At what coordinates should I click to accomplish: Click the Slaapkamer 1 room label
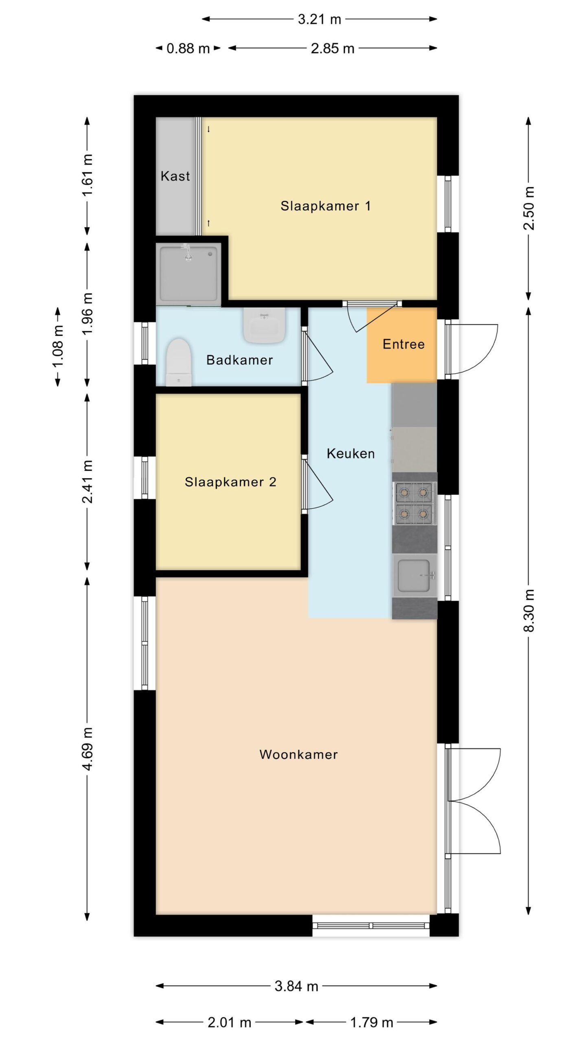tap(326, 206)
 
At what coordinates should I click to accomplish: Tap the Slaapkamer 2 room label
tap(230, 482)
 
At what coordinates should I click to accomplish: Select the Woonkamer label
tap(299, 754)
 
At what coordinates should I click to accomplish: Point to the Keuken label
tap(350, 453)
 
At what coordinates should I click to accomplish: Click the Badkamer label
tap(239, 360)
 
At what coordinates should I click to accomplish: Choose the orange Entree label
tap(404, 344)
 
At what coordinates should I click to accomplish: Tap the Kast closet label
tap(175, 176)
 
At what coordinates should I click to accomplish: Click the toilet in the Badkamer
tap(179, 362)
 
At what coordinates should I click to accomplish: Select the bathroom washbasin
tap(264, 325)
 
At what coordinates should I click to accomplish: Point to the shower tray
tap(188, 274)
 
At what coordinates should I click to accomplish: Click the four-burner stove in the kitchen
tap(414, 503)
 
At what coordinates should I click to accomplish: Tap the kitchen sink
tap(414, 575)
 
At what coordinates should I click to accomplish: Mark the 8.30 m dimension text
tap(529, 610)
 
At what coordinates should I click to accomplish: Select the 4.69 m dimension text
tap(87, 749)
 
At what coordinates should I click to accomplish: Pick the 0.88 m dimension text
tap(188, 48)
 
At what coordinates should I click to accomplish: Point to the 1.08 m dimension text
tap(58, 346)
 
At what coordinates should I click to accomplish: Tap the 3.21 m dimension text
tap(319, 19)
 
